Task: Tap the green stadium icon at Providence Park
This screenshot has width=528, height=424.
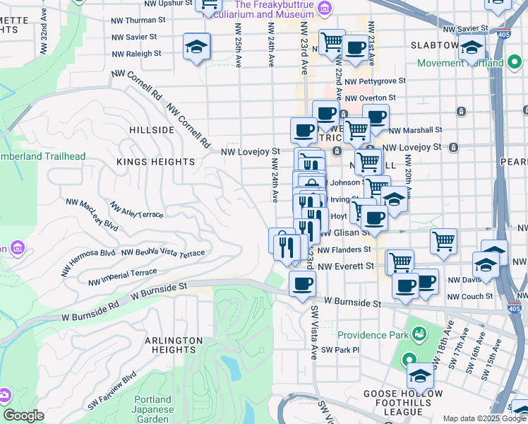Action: coord(419,332)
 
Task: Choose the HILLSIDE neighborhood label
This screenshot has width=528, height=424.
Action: coord(152,131)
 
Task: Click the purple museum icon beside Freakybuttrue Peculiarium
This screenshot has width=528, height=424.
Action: coord(324,8)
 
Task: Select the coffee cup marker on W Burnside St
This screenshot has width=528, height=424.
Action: coord(302,284)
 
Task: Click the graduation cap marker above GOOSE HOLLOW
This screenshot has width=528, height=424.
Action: coord(420,375)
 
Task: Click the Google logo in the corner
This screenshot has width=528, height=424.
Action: coord(23,416)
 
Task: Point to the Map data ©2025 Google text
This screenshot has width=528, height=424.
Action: coord(484,418)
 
